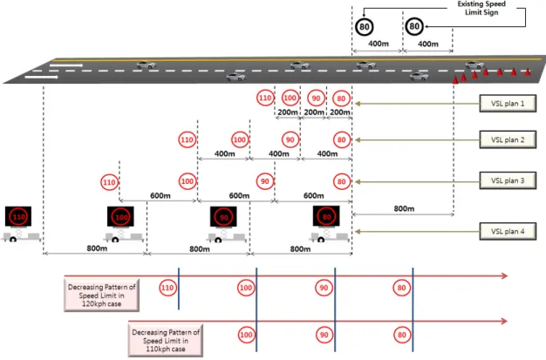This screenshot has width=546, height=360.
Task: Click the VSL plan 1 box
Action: pyautogui.click(x=508, y=104)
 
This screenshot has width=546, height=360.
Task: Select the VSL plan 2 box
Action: pyautogui.click(x=508, y=139)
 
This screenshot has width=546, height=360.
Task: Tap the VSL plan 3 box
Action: pyautogui.click(x=508, y=180)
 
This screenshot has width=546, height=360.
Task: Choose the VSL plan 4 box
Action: pyautogui.click(x=508, y=231)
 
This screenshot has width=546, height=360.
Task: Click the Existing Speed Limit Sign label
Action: pyautogui.click(x=481, y=8)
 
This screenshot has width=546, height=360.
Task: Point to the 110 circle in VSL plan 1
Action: pyautogui.click(x=265, y=98)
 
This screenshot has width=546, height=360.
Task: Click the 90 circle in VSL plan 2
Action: pyautogui.click(x=290, y=139)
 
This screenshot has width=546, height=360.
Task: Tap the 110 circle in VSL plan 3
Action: pyautogui.click(x=109, y=182)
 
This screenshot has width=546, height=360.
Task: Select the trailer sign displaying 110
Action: pyautogui.click(x=18, y=223)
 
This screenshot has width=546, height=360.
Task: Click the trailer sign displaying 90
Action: pyautogui.click(x=224, y=224)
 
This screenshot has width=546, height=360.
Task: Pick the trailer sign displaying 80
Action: pyautogui.click(x=327, y=223)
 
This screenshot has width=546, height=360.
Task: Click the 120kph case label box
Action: pyautogui.click(x=102, y=295)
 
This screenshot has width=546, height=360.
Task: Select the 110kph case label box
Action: pyautogui.click(x=166, y=341)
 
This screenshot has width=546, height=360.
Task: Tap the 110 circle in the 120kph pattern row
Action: pyautogui.click(x=167, y=288)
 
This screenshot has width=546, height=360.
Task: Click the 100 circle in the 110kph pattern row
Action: pyautogui.click(x=246, y=335)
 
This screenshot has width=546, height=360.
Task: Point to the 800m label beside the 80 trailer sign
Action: pyautogui.click(x=404, y=208)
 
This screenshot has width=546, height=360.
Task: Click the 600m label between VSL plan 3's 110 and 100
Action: pyautogui.click(x=160, y=195)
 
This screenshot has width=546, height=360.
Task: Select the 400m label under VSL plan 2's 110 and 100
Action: pyautogui.click(x=225, y=153)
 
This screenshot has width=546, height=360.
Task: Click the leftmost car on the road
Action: pyautogui.click(x=147, y=65)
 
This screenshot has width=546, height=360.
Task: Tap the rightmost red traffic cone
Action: pyautogui.click(x=528, y=71)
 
